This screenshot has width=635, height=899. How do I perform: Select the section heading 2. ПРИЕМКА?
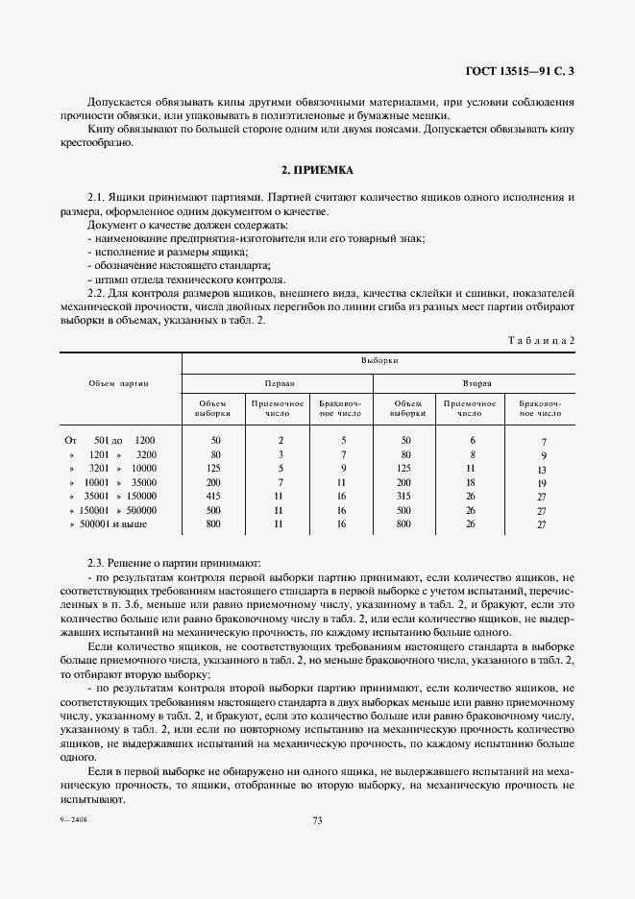(x=317, y=170)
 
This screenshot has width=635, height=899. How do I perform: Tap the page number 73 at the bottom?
(x=317, y=819)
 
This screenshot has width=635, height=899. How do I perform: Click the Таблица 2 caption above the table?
(x=540, y=340)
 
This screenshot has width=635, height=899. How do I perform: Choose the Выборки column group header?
(x=379, y=360)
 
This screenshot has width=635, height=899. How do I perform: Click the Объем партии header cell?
(x=118, y=382)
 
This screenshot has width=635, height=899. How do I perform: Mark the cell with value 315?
(x=405, y=497)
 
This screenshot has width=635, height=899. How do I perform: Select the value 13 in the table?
(x=542, y=469)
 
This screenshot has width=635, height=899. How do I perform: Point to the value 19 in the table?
(x=542, y=483)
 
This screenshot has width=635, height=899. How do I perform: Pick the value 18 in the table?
(x=471, y=482)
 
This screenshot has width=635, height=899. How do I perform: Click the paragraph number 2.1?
(x=95, y=196)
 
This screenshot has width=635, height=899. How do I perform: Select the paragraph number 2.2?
(x=95, y=292)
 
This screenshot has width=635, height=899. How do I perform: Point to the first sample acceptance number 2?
(x=280, y=439)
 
